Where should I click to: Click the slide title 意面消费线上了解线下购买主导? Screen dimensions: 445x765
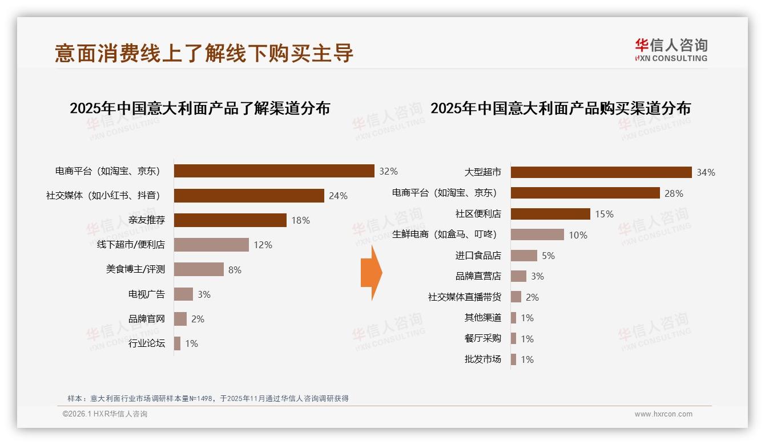coord(204,53)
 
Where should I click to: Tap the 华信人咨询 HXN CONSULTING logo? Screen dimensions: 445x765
coord(671,50)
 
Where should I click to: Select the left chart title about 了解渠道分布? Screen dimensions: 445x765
coord(200,108)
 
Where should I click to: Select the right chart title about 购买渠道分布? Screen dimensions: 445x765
coord(560,108)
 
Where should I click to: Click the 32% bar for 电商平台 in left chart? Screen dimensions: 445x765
coord(274,171)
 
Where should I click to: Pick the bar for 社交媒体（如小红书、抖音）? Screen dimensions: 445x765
coord(249,196)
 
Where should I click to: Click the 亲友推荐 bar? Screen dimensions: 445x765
coord(230,220)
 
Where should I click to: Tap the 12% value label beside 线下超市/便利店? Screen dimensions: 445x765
coord(263,245)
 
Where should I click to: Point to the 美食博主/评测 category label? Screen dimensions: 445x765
coord(135,269)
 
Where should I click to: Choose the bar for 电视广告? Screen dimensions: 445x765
coord(183,294)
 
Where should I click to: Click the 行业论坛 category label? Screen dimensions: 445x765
coord(147,343)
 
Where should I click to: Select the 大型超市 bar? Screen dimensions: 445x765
coord(601,172)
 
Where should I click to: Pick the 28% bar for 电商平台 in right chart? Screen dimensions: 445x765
coord(585,193)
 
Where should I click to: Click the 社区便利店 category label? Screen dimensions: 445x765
coord(478,214)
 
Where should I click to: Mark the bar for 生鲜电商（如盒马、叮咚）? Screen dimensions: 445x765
coord(537,234)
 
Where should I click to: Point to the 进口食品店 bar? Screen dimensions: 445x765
coord(524,256)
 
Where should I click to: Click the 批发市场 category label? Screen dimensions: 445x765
coord(482,359)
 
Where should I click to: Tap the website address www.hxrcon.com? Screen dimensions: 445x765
coord(663,414)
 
